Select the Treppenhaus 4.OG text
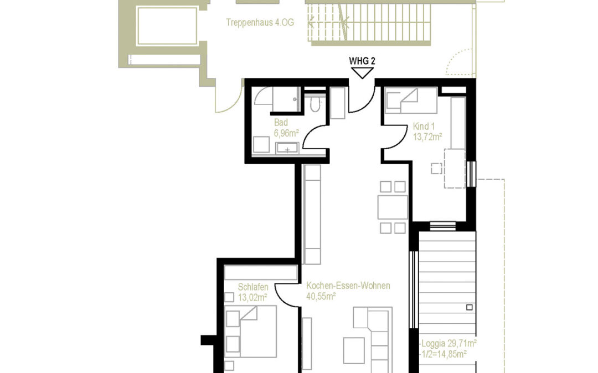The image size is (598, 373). coord(260,23)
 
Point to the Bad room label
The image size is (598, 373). coord(280,123)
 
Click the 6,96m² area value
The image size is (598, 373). coord(286,133)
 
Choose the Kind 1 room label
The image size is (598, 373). coord(425,127)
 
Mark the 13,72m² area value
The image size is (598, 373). coord(427,136)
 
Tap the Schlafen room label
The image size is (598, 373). coord(253,287)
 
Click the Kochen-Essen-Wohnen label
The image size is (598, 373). coord(348,286)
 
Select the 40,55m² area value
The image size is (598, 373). coord(321,296)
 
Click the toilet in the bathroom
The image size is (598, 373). coord(315,104)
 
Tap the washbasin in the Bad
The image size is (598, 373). coord(287,148)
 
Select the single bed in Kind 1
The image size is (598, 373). coord(411,101)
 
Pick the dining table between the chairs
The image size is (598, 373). coord(393,207)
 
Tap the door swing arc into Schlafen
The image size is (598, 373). coord(286,293)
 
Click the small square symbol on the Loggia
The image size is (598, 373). coord(470,307)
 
